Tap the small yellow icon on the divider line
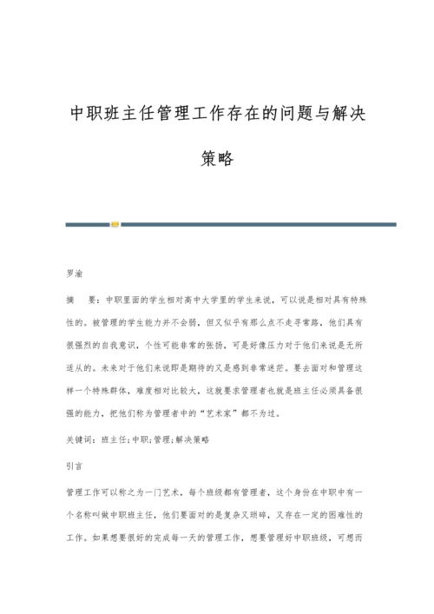point(115,224)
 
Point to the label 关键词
point(79,440)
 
